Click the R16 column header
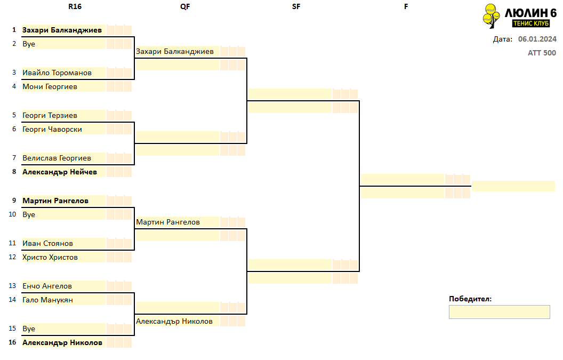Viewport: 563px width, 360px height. (x=75, y=6)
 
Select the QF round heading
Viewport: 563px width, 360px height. (x=185, y=6)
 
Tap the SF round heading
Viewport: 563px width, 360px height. (x=296, y=6)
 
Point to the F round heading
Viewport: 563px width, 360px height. (x=406, y=6)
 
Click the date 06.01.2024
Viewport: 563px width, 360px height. (x=537, y=39)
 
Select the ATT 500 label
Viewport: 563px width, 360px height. (x=542, y=53)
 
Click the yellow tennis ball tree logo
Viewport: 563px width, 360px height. (x=491, y=16)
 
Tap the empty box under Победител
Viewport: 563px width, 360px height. (x=499, y=312)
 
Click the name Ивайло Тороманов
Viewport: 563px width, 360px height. (x=57, y=73)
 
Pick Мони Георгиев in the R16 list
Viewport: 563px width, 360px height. (x=50, y=86)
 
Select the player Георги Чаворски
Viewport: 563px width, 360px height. (x=52, y=130)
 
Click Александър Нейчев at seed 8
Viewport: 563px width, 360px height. (x=60, y=172)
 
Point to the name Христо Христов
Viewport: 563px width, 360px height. (x=50, y=257)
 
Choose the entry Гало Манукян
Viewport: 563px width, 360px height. (x=47, y=300)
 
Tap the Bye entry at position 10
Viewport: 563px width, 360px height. (x=29, y=215)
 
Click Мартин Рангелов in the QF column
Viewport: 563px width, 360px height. (x=168, y=222)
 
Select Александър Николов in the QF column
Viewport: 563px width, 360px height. (x=174, y=321)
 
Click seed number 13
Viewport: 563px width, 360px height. (x=13, y=286)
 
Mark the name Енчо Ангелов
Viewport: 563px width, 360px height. (x=47, y=286)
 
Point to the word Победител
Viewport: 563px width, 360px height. (x=470, y=299)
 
